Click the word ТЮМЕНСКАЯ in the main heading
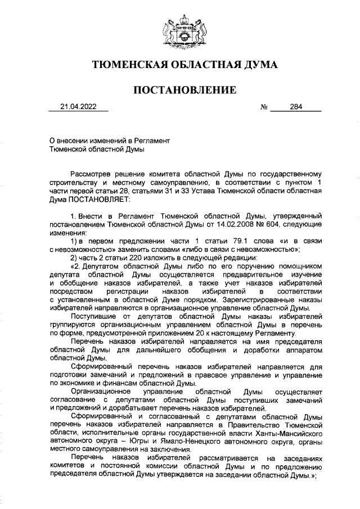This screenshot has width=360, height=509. click(123, 65)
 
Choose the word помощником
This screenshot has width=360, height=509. click(300, 266)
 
